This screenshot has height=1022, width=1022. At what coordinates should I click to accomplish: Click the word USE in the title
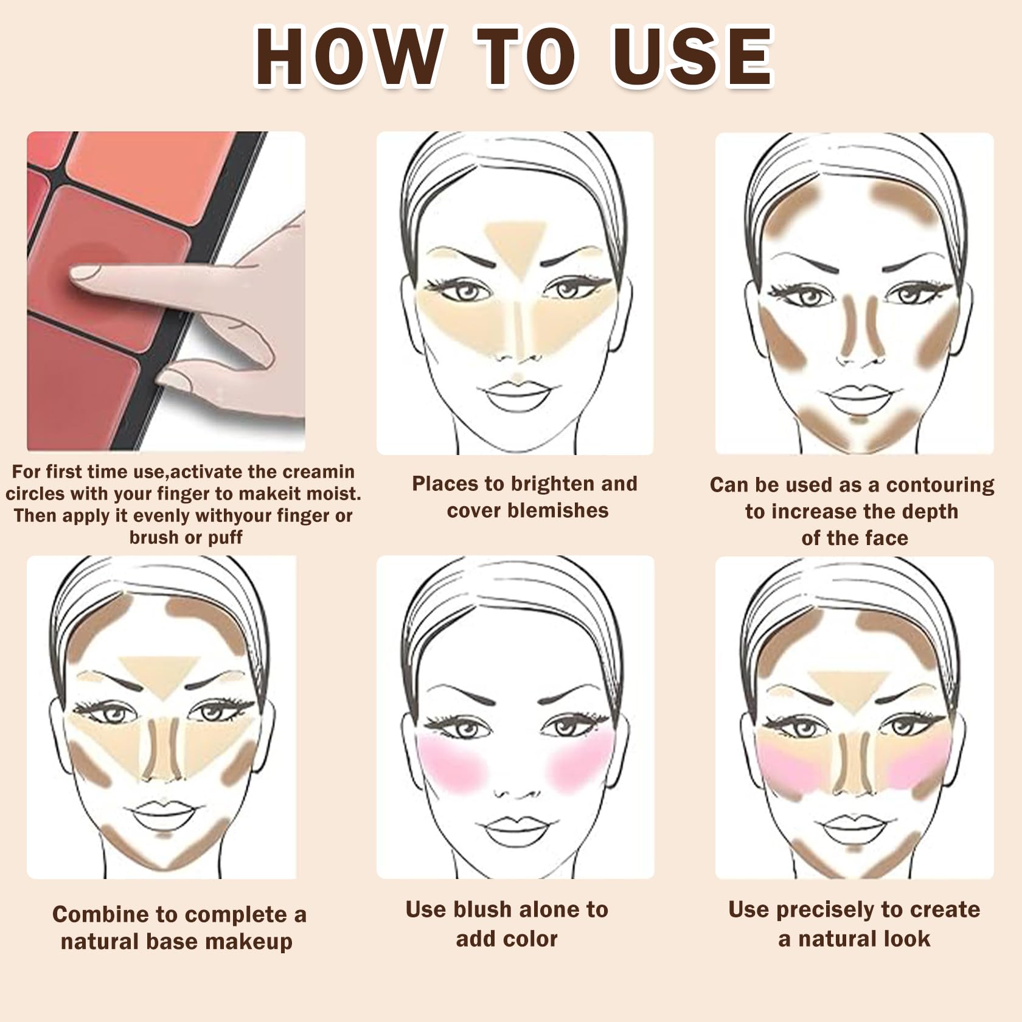[692, 57]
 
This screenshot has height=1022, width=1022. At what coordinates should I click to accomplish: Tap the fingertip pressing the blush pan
[82, 273]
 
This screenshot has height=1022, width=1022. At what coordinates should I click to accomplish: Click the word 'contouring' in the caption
[940, 485]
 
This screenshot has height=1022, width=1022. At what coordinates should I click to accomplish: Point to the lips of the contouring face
[858, 398]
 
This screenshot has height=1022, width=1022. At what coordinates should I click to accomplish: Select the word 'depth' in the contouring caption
[930, 512]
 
